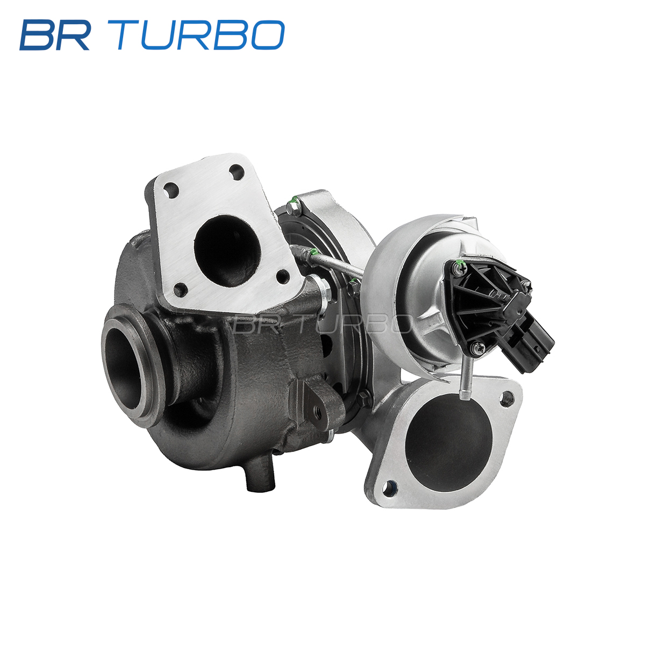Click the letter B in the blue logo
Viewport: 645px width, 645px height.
pyautogui.click(x=37, y=35)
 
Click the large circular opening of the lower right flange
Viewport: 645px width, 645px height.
pyautogui.click(x=448, y=442)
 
